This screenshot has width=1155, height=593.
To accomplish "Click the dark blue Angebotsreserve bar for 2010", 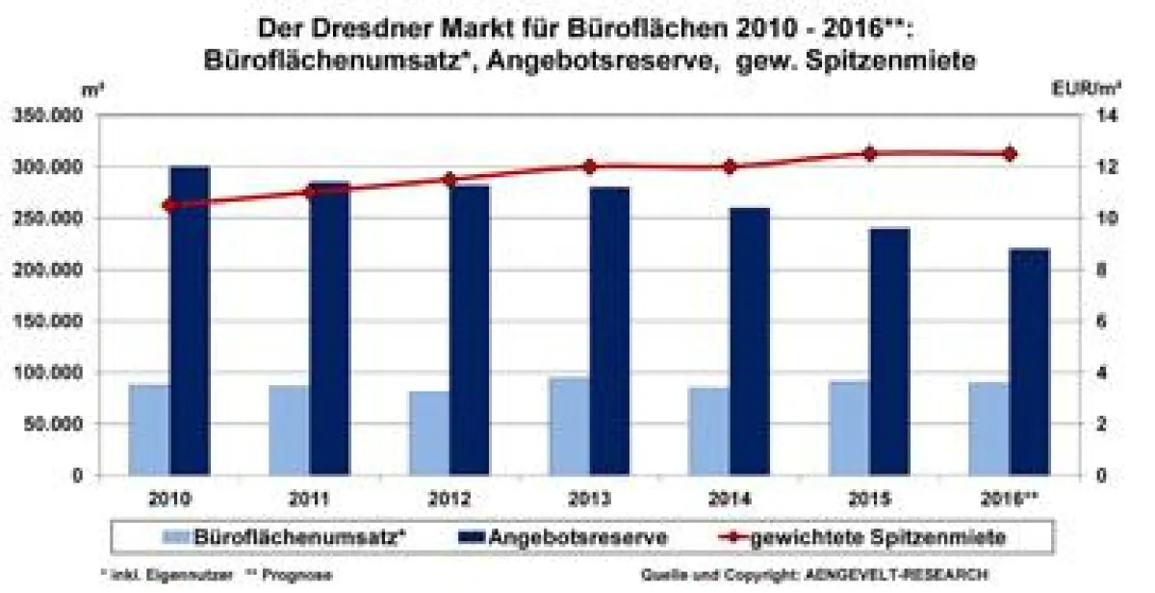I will [x=190, y=322].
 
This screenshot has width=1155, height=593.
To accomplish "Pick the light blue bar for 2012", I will [x=428, y=433].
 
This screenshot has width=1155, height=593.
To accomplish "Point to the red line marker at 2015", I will [x=869, y=153].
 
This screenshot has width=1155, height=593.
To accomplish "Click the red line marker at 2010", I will [x=169, y=204].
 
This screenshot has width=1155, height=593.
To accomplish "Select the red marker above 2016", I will [x=1010, y=153].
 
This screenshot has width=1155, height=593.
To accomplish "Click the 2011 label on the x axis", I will [x=309, y=500].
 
